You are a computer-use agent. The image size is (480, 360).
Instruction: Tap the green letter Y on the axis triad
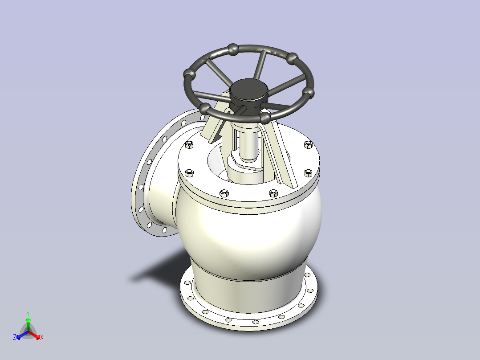click(x=28, y=313)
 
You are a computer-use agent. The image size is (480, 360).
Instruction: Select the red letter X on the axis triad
click(x=42, y=337)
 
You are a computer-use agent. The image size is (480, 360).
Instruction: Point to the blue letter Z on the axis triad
click(x=15, y=337)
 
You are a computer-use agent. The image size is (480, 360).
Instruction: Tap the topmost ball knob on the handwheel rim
click(x=233, y=49)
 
